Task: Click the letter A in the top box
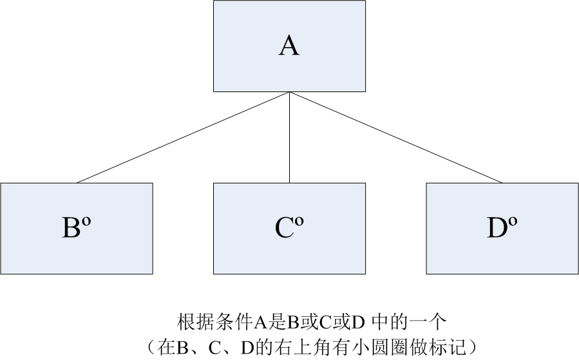(289, 46)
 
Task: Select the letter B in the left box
(71, 229)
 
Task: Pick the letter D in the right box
(497, 229)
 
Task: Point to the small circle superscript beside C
(299, 222)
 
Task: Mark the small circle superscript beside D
(513, 222)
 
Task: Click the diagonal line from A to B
(184, 137)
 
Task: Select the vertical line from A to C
(289, 138)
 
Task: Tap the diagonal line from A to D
(396, 137)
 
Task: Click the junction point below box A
(289, 93)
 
